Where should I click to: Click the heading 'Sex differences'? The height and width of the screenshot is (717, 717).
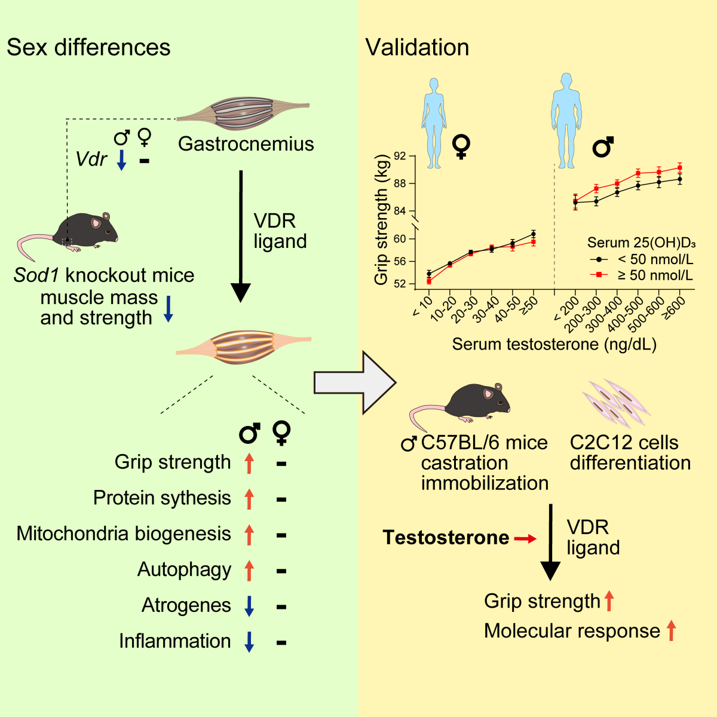[88, 48]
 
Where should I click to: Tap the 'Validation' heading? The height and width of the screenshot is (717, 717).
[417, 48]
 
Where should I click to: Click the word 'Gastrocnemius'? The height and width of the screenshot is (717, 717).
[246, 144]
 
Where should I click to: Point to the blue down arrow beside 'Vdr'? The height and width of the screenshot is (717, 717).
[121, 160]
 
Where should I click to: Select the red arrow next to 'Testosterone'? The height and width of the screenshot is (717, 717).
[525, 539]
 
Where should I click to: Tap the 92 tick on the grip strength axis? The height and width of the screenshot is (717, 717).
[400, 157]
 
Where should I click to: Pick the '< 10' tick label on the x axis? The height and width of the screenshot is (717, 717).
[422, 307]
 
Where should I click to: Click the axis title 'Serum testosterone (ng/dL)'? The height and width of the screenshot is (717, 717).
[554, 344]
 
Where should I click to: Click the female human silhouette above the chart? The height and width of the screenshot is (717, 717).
[434, 122]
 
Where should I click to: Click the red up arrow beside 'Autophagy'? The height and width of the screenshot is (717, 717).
[249, 571]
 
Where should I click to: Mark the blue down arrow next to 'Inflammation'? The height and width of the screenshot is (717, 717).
[249, 642]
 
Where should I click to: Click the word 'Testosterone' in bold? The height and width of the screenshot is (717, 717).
[446, 538]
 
